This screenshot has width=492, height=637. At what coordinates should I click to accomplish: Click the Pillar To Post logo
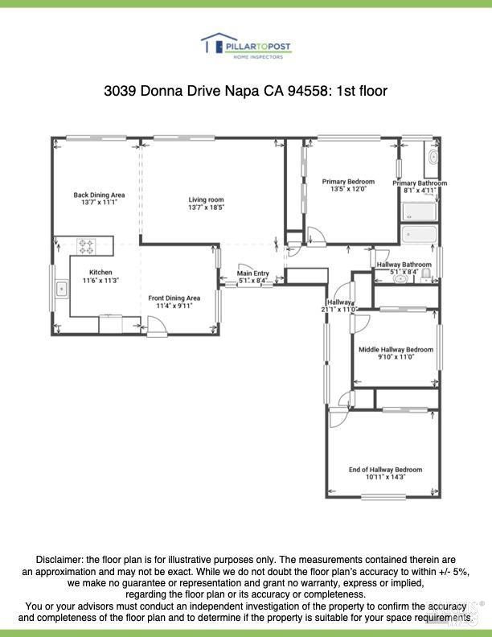click(246, 46)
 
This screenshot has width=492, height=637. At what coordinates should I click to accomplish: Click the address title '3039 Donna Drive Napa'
click(201, 91)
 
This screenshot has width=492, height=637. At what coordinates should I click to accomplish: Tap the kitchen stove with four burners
click(86, 245)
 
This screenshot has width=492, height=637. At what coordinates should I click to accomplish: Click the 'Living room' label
click(206, 199)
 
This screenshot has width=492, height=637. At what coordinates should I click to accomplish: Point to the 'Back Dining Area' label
click(99, 195)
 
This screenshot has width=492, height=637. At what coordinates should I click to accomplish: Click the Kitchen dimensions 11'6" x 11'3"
click(100, 281)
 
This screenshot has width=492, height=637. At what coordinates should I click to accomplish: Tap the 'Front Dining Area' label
click(174, 298)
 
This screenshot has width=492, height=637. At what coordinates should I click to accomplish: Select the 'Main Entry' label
click(252, 273)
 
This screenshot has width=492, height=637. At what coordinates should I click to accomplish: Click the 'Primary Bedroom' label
click(348, 182)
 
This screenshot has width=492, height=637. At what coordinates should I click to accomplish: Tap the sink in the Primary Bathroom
click(430, 158)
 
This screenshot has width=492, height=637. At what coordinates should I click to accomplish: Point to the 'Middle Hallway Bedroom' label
click(396, 350)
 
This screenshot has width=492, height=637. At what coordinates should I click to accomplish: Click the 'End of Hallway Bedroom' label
click(385, 470)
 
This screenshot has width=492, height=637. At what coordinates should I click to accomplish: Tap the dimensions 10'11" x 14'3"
click(385, 477)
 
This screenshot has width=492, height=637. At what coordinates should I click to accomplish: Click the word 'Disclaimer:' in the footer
click(60, 559)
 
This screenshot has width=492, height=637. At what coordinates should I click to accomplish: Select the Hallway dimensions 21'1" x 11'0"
click(338, 309)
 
